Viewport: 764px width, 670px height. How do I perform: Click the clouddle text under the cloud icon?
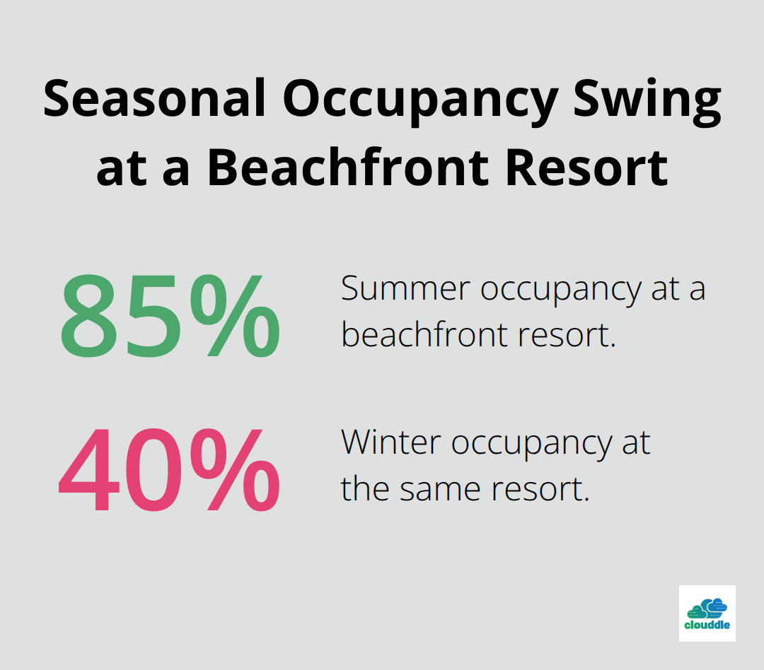(707, 625)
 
